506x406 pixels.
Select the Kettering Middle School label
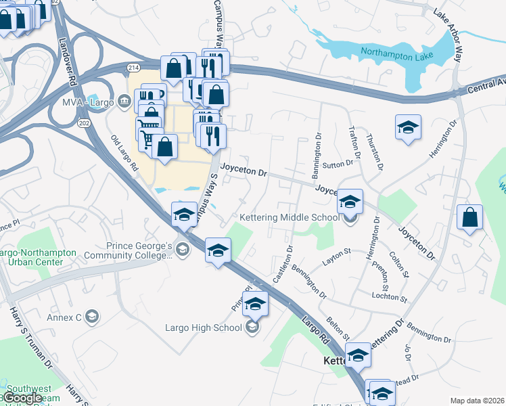click(290, 217)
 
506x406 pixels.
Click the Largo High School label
click(203, 328)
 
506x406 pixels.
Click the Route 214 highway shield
click(133, 68)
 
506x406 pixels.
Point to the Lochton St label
click(390, 298)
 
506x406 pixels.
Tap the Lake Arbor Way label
click(448, 34)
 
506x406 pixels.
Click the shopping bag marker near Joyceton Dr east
click(469, 218)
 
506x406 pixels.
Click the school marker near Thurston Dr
click(408, 127)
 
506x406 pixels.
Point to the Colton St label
click(398, 265)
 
